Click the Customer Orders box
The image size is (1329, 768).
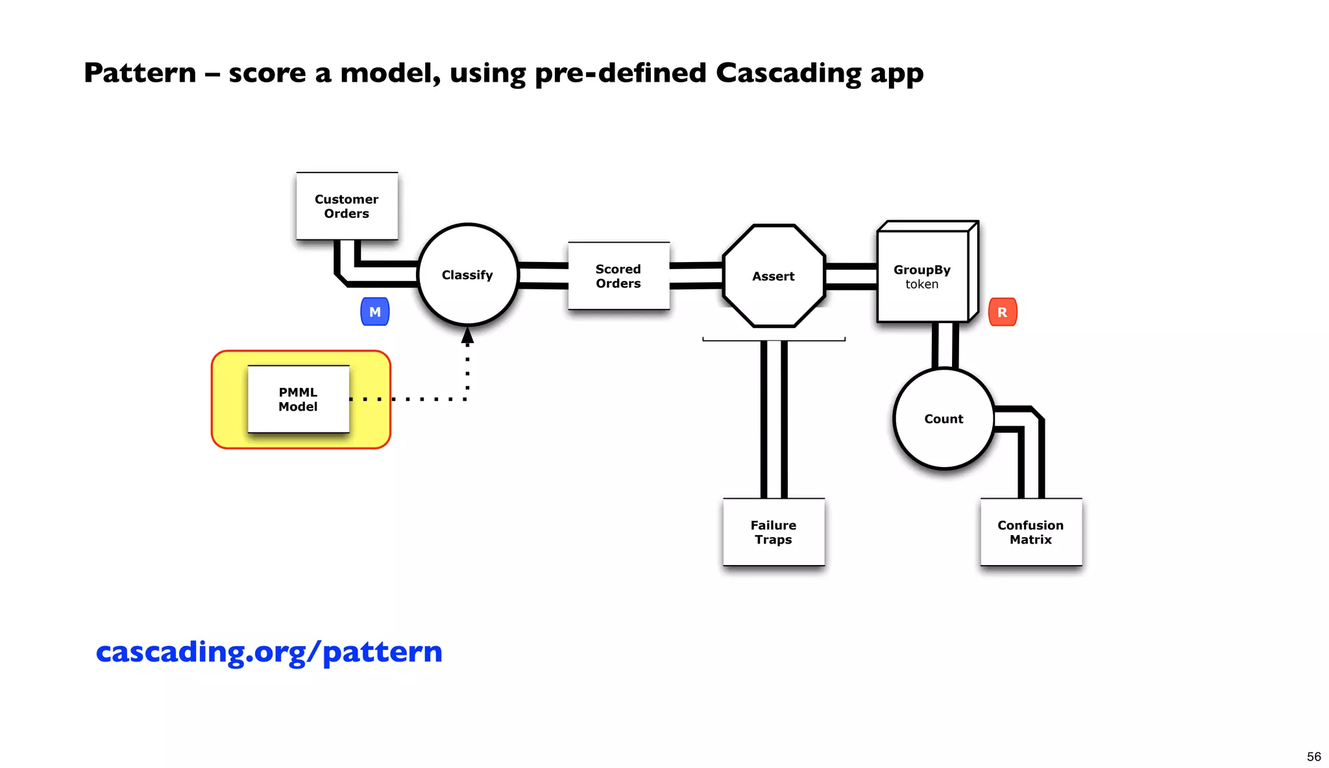point(347,206)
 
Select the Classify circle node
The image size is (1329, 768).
point(467,275)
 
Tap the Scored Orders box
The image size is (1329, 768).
point(618,276)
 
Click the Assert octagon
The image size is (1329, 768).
point(773,276)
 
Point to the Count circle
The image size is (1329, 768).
point(944,419)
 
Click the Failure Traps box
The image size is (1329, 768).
point(773,532)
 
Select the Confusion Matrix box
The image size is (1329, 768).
point(1030,532)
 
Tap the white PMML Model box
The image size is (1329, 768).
point(298,400)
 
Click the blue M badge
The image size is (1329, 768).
point(374,312)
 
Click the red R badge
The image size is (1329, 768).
point(1002,312)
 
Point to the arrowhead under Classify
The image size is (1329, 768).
point(467,336)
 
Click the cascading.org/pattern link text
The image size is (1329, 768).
point(269,652)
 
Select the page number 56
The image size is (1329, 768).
point(1313,757)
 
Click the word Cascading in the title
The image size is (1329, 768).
point(788,73)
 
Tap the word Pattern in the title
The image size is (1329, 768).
point(140,73)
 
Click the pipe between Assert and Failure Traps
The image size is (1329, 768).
point(774,418)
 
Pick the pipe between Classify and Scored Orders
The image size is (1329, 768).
point(543,276)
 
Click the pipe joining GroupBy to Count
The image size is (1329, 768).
point(945,345)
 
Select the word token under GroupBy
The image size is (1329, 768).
point(921,285)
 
